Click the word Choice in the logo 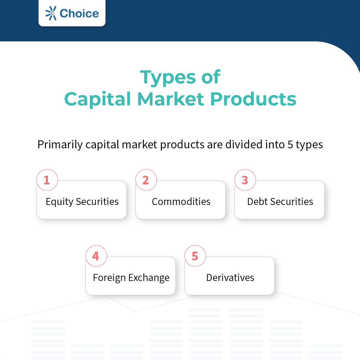79,13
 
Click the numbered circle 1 47,180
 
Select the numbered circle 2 146,180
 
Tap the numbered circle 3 245,180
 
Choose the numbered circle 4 96,256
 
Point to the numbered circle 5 195,256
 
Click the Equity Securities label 82,202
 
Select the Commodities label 181,202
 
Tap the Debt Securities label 280,202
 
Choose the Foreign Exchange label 131,278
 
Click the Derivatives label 230,278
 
